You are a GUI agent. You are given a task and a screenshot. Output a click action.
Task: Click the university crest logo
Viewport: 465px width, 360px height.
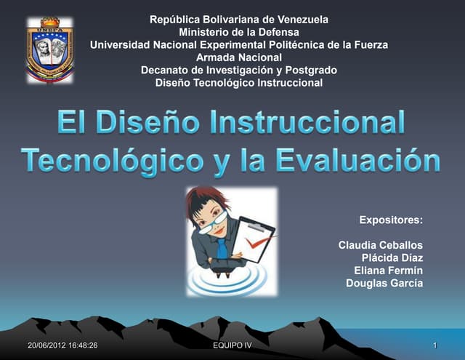click(50, 49)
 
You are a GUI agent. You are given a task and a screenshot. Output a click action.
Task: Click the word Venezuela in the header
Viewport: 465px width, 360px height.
click(301, 20)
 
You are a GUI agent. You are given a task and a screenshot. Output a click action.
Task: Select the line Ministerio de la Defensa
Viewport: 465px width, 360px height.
click(238, 32)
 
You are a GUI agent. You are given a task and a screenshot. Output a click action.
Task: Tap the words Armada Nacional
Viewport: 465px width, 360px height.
click(238, 57)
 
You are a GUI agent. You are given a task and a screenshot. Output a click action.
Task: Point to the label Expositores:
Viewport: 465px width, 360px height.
click(391, 219)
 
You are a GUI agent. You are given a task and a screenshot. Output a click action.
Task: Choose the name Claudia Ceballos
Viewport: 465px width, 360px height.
click(381, 244)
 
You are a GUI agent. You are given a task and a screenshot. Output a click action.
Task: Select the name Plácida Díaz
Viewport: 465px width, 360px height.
click(392, 257)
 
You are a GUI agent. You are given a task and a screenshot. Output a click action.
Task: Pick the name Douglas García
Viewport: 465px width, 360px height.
click(384, 283)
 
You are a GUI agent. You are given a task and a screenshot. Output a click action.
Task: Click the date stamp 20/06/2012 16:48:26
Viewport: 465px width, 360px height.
click(57, 345)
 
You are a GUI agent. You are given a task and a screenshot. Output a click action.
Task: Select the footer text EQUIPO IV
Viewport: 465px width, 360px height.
click(229, 345)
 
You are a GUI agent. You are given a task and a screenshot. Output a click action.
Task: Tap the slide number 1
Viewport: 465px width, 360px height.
click(434, 345)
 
